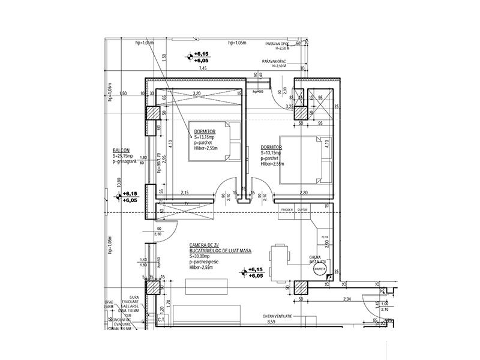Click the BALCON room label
coord(122,151)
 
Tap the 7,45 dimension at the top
coord(203,69)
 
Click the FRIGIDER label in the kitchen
coord(286,209)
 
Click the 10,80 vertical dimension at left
coord(119,181)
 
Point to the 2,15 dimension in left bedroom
coord(185,192)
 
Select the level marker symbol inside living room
coord(244,272)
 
